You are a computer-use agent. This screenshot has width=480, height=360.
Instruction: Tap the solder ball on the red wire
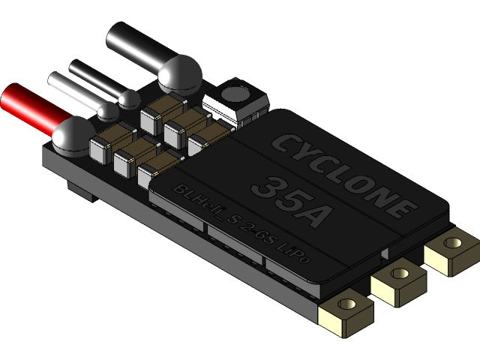pos(72,134)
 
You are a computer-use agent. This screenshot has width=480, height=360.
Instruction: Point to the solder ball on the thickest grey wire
pos(180,73)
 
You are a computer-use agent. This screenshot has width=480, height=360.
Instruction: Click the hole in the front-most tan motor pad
pos(346,305)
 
